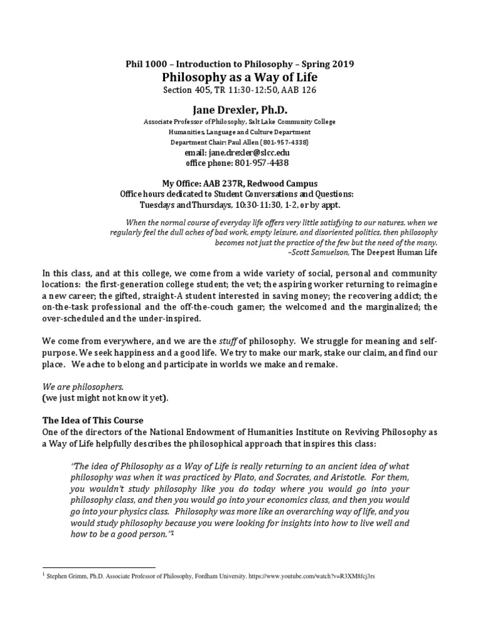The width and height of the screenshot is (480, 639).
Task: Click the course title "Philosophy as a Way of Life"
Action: click(x=239, y=77)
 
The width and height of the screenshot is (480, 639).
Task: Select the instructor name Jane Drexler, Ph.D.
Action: click(x=239, y=109)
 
